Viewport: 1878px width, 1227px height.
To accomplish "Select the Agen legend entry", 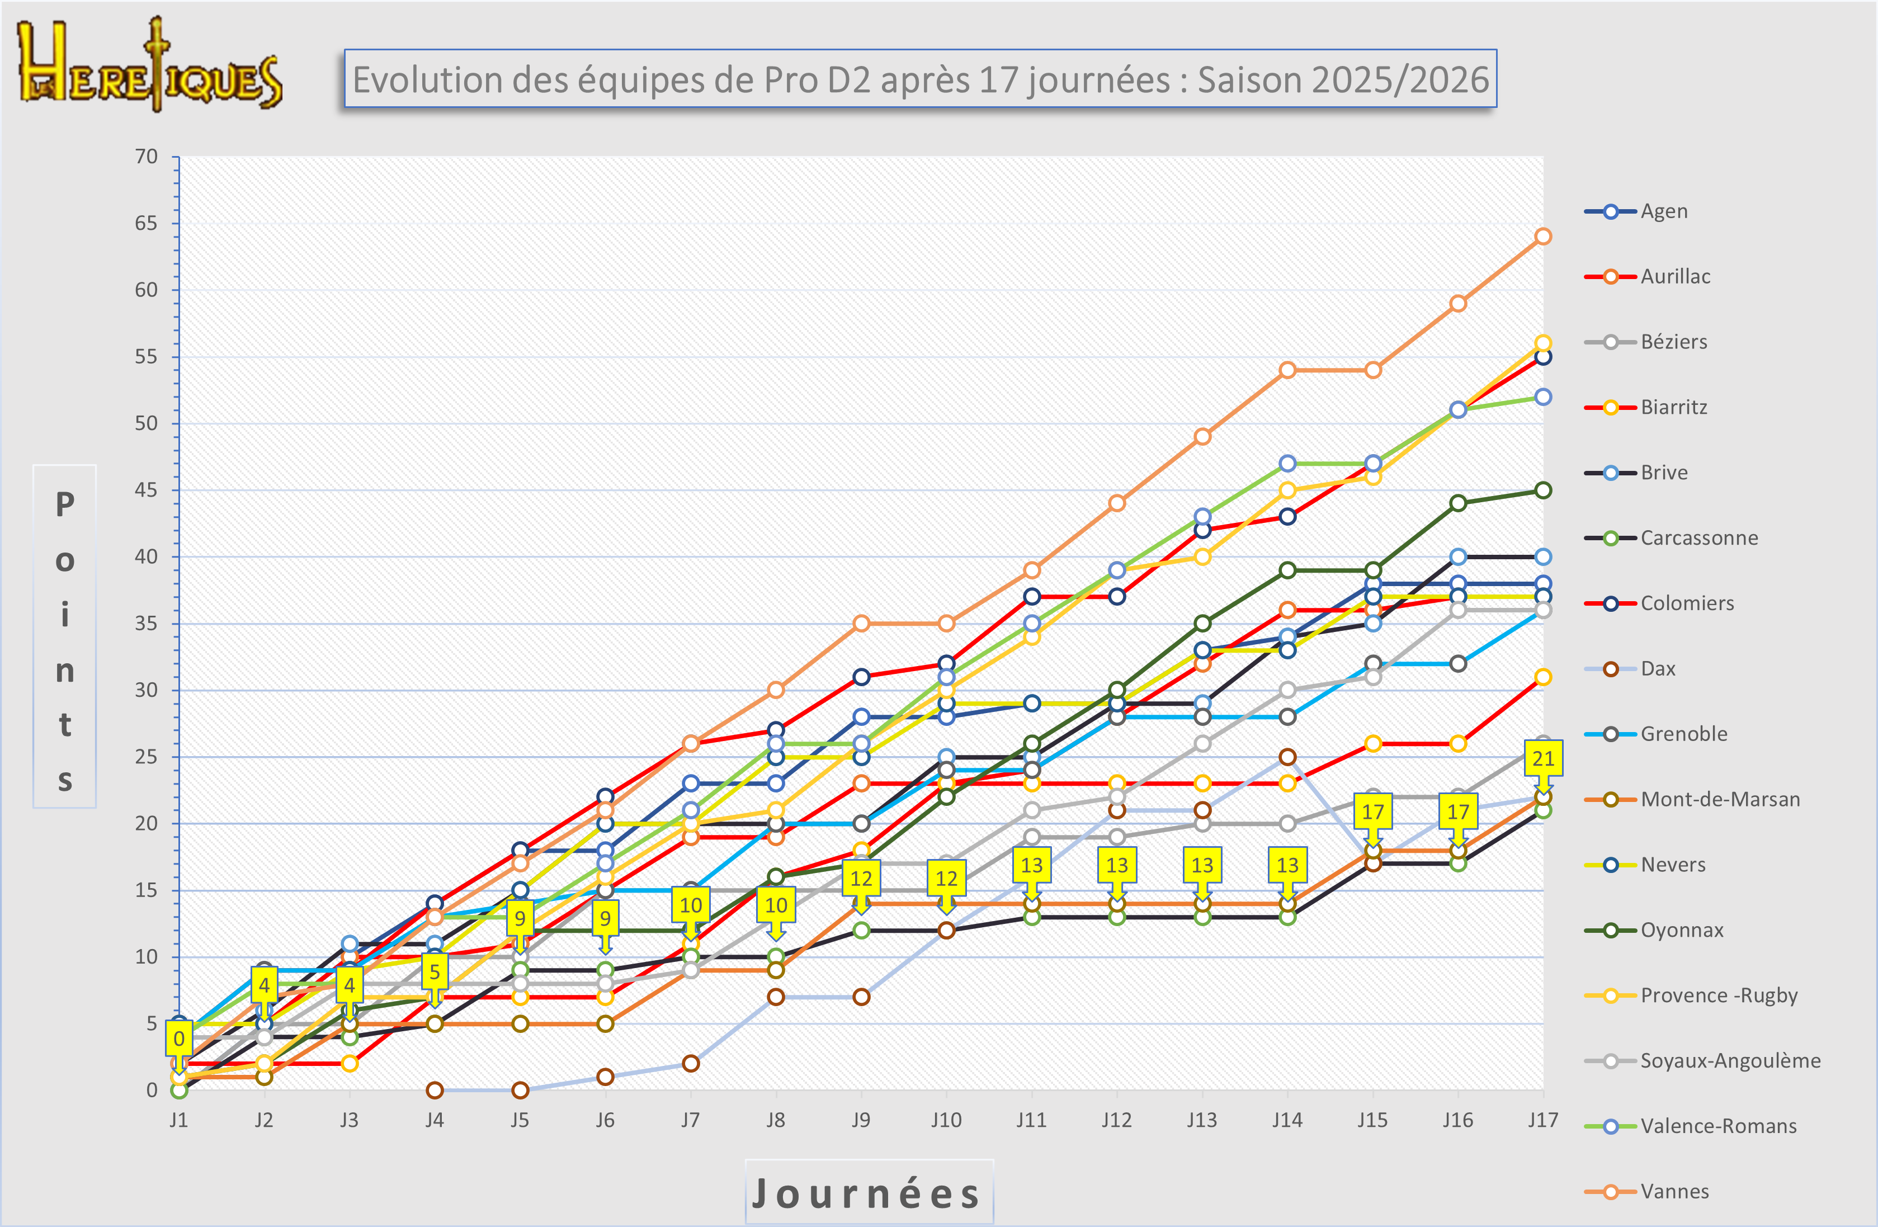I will click(x=1663, y=211).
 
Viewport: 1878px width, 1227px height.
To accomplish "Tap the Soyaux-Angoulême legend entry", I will click(x=1730, y=1060).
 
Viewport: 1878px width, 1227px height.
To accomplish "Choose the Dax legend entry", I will click(x=1657, y=668).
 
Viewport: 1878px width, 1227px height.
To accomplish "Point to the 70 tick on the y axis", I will click(x=146, y=156).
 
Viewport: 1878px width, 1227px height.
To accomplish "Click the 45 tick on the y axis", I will click(x=146, y=490).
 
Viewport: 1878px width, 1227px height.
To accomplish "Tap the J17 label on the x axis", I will click(x=1542, y=1120).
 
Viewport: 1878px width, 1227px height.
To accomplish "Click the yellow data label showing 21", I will click(x=1542, y=758).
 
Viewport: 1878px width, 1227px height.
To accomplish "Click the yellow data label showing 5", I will click(x=434, y=972).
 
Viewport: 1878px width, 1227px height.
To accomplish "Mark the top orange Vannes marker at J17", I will click(x=1542, y=236).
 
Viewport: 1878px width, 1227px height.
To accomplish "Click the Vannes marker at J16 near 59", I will click(x=1457, y=304).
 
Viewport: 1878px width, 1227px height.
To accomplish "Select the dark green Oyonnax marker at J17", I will click(x=1542, y=490).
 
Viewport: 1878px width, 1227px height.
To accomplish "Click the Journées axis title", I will click(x=868, y=1193).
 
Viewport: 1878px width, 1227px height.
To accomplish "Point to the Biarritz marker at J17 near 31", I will click(x=1542, y=677).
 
